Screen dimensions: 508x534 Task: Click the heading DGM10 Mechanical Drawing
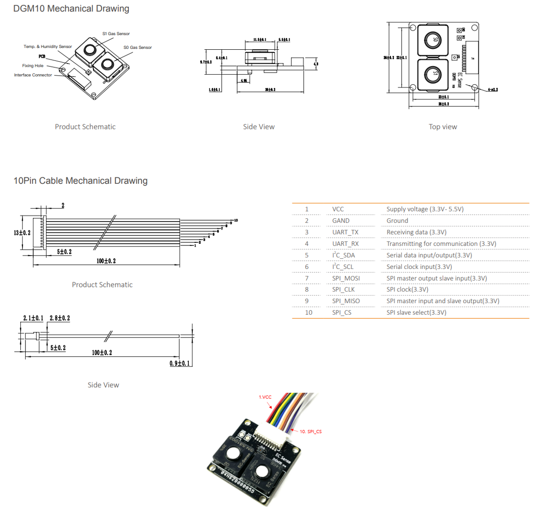(x=71, y=9)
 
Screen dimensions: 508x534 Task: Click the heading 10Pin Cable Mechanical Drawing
(x=81, y=181)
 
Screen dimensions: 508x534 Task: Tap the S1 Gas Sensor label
(x=116, y=34)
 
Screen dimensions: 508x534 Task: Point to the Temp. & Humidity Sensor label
(x=48, y=47)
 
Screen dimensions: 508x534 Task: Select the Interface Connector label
(x=33, y=75)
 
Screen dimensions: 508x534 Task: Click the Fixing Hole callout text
(x=33, y=66)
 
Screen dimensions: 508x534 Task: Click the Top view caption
(x=443, y=127)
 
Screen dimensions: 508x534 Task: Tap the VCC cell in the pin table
(x=338, y=209)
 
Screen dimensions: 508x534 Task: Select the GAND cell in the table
(x=341, y=221)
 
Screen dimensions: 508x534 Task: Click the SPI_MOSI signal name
(x=346, y=278)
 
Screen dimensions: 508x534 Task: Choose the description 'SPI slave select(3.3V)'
(x=416, y=312)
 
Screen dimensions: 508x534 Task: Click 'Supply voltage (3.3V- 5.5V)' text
(x=425, y=209)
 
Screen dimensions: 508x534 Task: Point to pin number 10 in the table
(x=308, y=312)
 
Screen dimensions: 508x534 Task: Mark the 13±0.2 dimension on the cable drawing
(x=22, y=233)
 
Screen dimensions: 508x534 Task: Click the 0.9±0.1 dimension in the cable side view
(x=180, y=363)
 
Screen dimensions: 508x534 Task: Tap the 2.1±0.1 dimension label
(x=33, y=318)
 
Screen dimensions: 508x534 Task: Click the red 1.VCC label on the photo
(x=265, y=397)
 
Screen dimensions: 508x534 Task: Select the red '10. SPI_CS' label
(x=311, y=432)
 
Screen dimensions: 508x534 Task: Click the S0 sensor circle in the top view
(x=432, y=40)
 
